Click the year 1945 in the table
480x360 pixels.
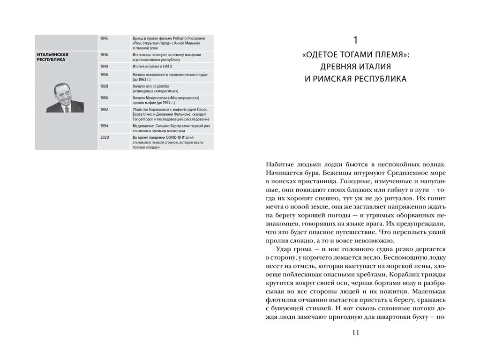click(104, 37)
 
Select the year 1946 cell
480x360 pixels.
click(104, 55)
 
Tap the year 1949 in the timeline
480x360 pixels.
click(104, 67)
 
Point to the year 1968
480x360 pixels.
click(104, 86)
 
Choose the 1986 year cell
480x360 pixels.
click(104, 97)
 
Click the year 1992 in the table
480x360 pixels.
click(104, 109)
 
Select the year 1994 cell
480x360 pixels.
click(104, 126)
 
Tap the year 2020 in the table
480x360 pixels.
click(104, 137)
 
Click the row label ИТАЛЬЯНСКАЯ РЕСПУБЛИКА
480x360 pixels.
click(52, 57)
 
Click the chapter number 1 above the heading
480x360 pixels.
click(355, 39)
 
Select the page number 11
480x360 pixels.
click(355, 333)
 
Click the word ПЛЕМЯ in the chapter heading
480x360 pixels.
click(389, 55)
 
